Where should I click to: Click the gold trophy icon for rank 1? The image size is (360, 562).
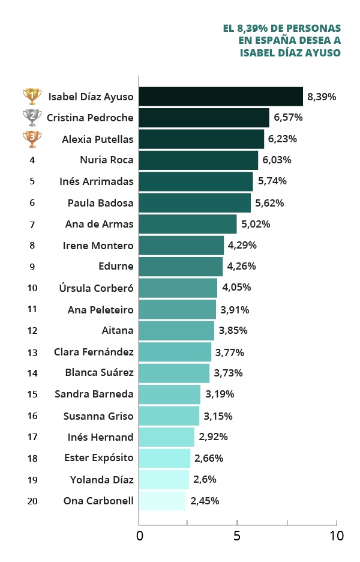(x=32, y=97)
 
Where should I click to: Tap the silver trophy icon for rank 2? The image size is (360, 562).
(x=32, y=118)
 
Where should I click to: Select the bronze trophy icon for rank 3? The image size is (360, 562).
(x=32, y=139)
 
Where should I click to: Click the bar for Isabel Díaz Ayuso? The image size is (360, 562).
(x=221, y=97)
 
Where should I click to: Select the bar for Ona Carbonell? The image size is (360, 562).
(x=162, y=501)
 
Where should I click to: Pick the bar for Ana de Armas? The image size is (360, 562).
(x=188, y=225)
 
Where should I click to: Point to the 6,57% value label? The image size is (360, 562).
(x=288, y=118)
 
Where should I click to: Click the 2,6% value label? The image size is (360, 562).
(x=205, y=480)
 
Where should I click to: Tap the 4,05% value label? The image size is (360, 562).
(x=236, y=288)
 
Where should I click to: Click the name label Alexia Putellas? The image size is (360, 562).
(x=98, y=139)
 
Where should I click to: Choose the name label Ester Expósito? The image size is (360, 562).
(x=99, y=458)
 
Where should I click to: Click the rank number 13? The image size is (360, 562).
(x=32, y=352)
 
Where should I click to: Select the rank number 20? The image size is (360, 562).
(x=32, y=501)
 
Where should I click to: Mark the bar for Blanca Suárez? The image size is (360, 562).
(x=174, y=373)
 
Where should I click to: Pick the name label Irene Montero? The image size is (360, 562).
(x=98, y=246)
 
